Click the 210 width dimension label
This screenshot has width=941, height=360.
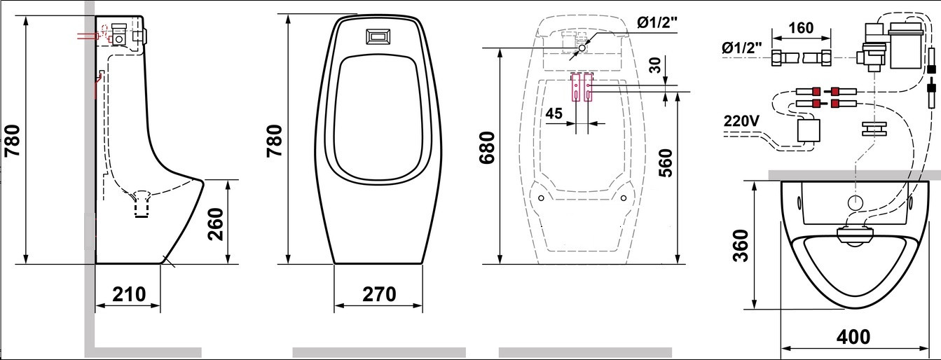click(129, 294)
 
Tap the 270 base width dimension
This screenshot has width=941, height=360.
click(379, 294)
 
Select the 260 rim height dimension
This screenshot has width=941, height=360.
click(216, 224)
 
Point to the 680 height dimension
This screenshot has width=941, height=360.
click(488, 148)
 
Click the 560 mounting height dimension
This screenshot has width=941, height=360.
click(665, 162)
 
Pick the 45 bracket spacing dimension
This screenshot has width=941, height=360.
click(554, 113)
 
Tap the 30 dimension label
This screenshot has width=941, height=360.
click(655, 65)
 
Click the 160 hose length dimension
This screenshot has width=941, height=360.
click(801, 28)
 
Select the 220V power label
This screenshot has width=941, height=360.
click(741, 121)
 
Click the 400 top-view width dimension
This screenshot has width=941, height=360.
click(853, 337)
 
